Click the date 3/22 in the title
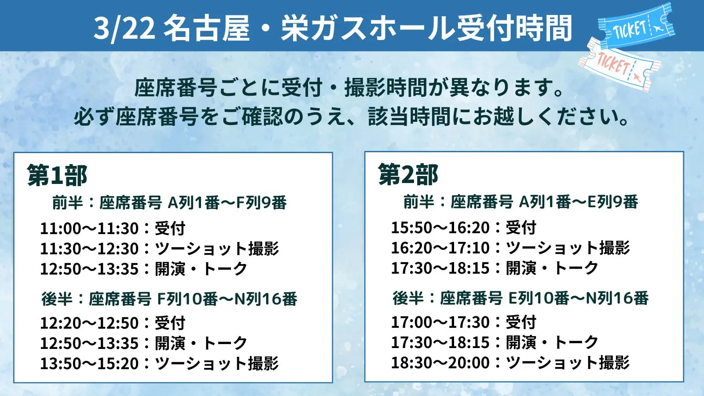click(x=124, y=28)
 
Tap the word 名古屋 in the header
click(x=206, y=28)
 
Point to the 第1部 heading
click(x=57, y=175)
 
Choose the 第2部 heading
click(x=408, y=174)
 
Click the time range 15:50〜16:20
click(x=440, y=228)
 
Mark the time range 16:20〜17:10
click(x=440, y=248)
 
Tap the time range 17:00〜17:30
click(x=440, y=323)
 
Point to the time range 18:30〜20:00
click(x=440, y=363)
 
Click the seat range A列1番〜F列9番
click(x=227, y=203)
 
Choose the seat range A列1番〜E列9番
click(x=578, y=202)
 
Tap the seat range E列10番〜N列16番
click(x=578, y=298)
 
